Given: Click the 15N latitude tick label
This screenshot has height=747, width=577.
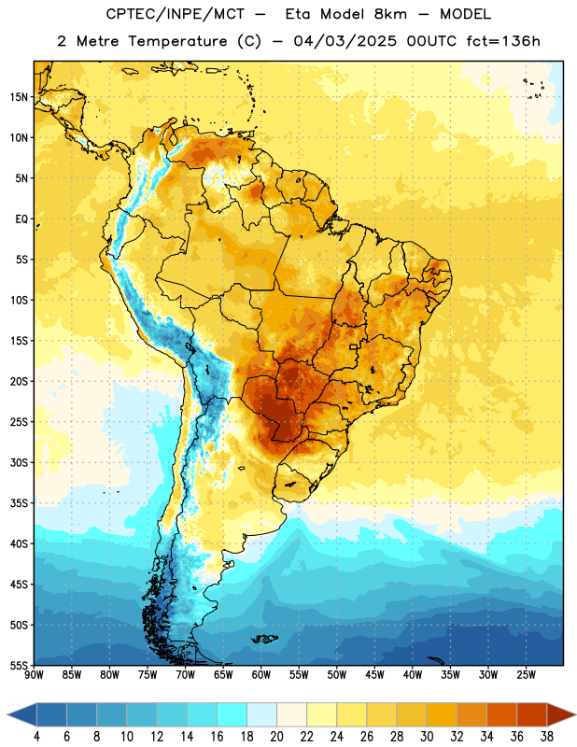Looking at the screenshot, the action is point(19,97).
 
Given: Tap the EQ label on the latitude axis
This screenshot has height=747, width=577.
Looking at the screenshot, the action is point(21,219).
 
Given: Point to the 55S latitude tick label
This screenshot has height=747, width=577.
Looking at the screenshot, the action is point(19,665).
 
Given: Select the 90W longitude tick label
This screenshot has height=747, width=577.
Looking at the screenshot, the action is point(34,675).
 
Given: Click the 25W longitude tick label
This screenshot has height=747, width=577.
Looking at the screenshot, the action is point(526,675).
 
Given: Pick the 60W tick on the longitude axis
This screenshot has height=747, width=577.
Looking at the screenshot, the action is point(261,675).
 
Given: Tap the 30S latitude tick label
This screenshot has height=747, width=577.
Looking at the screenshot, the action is point(19,462).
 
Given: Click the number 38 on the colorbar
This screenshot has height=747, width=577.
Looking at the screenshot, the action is point(547,737).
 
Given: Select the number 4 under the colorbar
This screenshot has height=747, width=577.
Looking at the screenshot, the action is point(36,737).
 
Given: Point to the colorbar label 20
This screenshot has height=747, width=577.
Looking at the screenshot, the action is point(276,737).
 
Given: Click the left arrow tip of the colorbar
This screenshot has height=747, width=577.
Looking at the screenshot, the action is point(7,715).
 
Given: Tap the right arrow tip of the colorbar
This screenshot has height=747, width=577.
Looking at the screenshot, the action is point(575,715).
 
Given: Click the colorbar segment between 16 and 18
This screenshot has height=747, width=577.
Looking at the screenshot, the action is point(232,715).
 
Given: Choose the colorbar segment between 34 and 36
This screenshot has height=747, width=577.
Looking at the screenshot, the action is point(502,715).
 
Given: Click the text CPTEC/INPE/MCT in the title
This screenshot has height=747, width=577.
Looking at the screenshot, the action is point(175,14).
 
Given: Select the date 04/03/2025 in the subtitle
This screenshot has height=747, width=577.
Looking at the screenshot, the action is point(345,41).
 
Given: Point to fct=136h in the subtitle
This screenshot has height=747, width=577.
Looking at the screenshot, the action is point(503,41).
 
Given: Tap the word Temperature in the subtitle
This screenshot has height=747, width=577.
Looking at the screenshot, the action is point(177,42).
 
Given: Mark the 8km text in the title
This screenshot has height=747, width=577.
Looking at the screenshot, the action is point(389,14).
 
